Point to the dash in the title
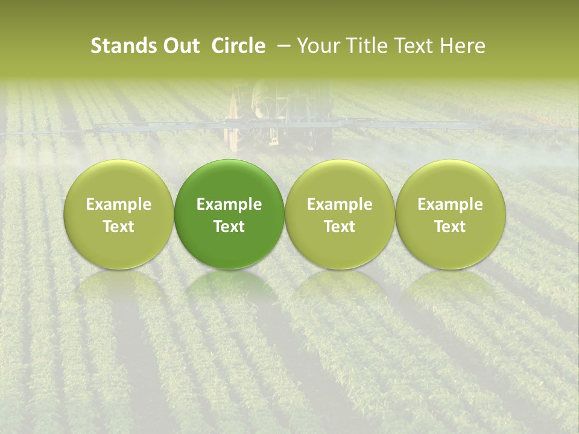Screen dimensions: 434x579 tap(281, 46)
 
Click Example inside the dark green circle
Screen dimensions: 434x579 tap(229, 204)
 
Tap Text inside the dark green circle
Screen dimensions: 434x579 tap(229, 227)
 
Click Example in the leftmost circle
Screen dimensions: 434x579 tap(119, 204)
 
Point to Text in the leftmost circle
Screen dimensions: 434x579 tap(119, 227)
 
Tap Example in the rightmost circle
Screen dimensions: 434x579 tap(451, 204)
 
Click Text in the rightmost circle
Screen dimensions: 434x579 tap(451, 227)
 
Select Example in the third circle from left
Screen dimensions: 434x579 tap(340, 204)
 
